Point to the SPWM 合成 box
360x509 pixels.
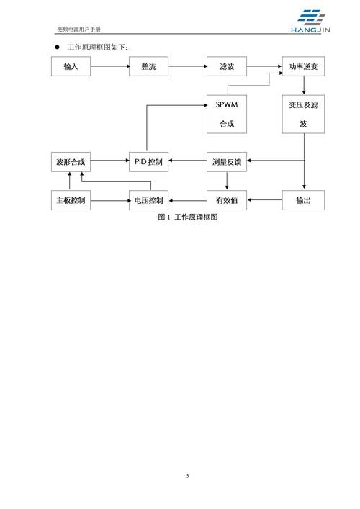coord(227,114)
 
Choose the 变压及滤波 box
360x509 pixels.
coord(303,114)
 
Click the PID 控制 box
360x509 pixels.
coord(149,162)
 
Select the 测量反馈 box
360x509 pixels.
coord(227,162)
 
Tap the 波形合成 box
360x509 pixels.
coord(70,162)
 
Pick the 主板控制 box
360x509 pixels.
coord(70,199)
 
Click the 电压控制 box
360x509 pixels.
coord(149,199)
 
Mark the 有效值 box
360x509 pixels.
coord(227,199)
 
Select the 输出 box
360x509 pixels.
coord(303,199)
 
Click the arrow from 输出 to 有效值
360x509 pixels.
coord(265,199)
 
